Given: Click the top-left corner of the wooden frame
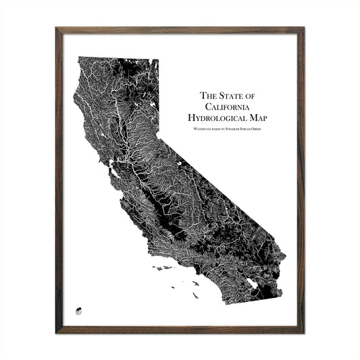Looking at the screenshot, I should click(57, 29).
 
